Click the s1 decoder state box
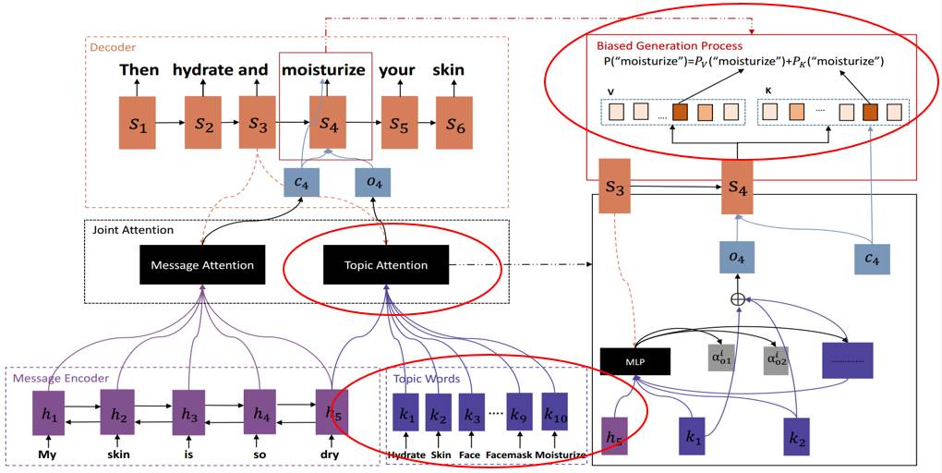click(x=139, y=123)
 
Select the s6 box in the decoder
click(x=455, y=123)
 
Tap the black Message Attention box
click(x=201, y=265)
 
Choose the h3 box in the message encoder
click(x=188, y=412)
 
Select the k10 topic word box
click(x=554, y=412)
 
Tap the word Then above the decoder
click(x=139, y=70)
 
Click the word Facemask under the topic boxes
click(x=511, y=455)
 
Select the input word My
click(x=47, y=455)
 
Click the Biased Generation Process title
click(x=670, y=45)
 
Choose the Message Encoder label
click(x=60, y=377)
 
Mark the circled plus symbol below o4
click(x=737, y=299)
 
